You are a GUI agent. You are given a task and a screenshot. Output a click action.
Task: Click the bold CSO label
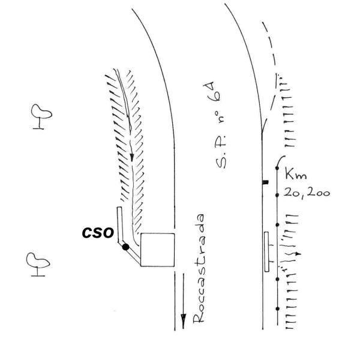pos(98,233)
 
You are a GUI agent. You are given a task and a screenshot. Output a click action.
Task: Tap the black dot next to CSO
pos(125,247)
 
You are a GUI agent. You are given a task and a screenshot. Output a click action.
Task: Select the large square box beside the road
pos(157,250)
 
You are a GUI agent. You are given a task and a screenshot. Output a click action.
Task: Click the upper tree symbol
pos(41,116)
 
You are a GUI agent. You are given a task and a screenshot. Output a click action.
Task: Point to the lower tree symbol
pos(38,265)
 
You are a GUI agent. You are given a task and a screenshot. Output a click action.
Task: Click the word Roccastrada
pos(199,269)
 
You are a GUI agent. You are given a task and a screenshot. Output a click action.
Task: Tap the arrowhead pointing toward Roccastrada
pos(183,321)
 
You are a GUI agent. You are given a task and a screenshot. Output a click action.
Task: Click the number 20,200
pos(307,193)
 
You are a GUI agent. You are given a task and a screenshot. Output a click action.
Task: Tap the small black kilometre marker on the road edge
pos(265,182)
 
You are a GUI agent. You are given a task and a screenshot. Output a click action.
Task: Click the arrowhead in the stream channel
pos(132,157)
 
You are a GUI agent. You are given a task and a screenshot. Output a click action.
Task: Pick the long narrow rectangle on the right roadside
pos(266,252)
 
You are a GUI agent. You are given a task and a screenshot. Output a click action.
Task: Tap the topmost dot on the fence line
pos(277,168)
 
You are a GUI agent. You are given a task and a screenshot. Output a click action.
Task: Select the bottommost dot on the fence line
pos(278,309)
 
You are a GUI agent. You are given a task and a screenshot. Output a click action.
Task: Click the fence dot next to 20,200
pos(277,195)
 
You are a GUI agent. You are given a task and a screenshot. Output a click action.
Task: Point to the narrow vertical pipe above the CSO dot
pos(119,224)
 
